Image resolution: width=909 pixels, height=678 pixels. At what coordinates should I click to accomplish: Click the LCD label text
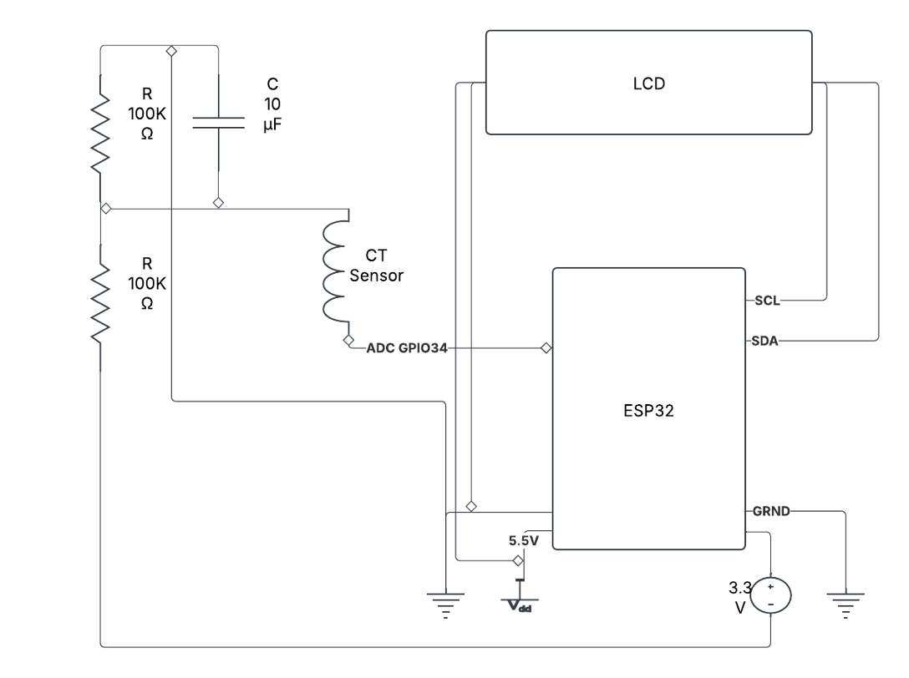[x=649, y=83]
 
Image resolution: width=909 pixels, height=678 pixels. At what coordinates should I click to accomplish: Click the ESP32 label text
[x=649, y=411]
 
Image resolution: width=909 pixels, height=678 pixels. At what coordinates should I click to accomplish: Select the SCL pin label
[x=766, y=301]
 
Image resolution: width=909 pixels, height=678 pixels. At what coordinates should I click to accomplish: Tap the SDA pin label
[x=766, y=342]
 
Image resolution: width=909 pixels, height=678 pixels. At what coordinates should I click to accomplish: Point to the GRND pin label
[x=770, y=511]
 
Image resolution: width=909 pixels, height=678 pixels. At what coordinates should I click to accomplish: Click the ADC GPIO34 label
[x=407, y=349]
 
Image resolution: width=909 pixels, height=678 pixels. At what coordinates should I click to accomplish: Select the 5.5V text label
[x=524, y=540]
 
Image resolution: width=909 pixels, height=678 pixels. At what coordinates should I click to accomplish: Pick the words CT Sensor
[x=376, y=266]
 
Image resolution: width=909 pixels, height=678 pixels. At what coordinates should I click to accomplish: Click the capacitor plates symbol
[x=217, y=124]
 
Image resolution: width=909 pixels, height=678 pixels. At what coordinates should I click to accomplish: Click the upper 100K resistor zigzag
[x=101, y=129]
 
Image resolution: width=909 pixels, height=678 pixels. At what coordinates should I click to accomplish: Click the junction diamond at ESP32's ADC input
[x=546, y=348]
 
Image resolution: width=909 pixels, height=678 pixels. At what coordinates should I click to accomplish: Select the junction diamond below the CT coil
[x=348, y=342]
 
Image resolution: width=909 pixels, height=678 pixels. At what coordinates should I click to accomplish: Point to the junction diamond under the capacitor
[x=218, y=203]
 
